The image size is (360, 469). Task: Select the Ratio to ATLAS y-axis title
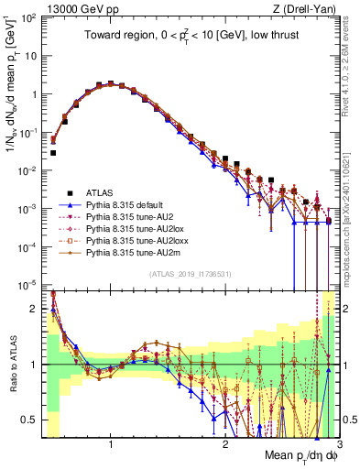tap(11, 365)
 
